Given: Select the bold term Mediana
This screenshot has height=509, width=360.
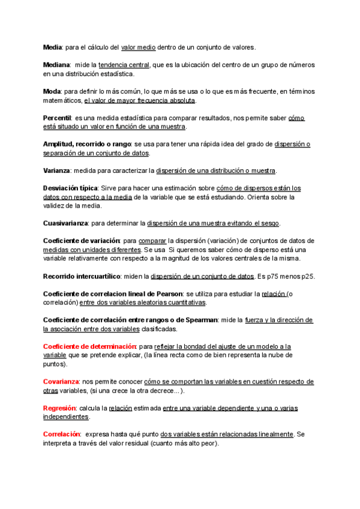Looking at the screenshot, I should click(x=56, y=65).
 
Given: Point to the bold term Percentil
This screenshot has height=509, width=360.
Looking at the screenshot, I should click(x=58, y=118).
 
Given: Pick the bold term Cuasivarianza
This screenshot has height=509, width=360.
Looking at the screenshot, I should click(x=65, y=223).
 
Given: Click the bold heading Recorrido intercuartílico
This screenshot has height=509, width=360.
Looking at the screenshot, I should click(x=82, y=276).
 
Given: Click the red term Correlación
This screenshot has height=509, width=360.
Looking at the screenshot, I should click(x=62, y=435).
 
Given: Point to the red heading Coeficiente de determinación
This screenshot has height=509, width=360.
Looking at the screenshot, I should click(x=90, y=347).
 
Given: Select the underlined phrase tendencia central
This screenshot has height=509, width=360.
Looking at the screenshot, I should click(x=124, y=65).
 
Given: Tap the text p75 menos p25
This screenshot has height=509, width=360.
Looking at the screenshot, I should click(x=294, y=276).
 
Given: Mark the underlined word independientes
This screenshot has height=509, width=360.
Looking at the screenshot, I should click(x=66, y=417).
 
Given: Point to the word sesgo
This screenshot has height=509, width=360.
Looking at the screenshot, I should click(x=269, y=223).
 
